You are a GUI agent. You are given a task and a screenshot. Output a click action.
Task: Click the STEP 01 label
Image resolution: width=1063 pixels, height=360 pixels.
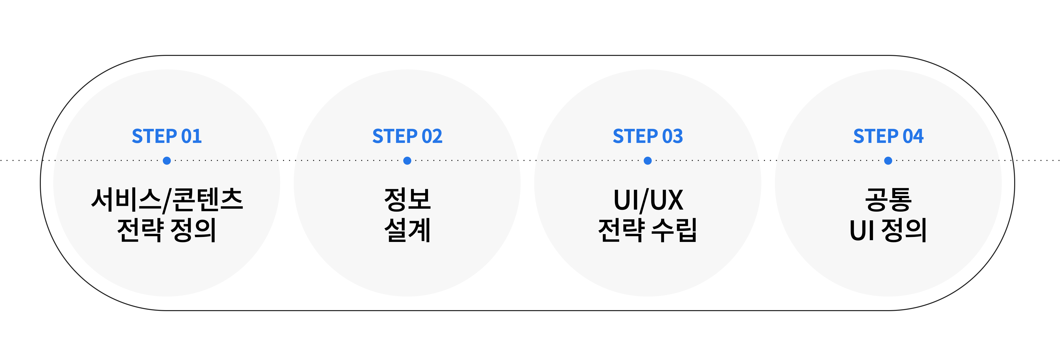tap(167, 136)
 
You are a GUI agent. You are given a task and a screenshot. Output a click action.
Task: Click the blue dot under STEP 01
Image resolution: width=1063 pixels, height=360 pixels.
tap(167, 161)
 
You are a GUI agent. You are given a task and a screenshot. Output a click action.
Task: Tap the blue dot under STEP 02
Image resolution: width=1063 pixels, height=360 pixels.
tap(407, 161)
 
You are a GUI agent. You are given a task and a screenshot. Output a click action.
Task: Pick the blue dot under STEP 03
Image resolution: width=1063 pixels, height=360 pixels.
tap(648, 161)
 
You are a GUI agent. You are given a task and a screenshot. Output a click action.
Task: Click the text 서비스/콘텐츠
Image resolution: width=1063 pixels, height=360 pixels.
tap(167, 200)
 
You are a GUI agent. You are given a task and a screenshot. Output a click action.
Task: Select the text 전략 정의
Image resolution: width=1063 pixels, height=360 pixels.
tap(167, 230)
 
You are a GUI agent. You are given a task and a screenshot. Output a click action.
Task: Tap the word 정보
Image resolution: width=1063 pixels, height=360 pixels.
tap(407, 200)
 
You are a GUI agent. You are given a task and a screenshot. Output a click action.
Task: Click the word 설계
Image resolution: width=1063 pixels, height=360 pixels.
tap(407, 230)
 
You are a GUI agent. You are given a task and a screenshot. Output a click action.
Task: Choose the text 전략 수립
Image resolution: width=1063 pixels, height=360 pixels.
tap(648, 230)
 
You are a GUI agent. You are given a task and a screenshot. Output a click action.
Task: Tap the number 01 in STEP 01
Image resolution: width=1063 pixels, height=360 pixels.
tap(191, 136)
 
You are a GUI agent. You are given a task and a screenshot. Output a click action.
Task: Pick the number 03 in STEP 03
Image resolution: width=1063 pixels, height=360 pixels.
tap(673, 136)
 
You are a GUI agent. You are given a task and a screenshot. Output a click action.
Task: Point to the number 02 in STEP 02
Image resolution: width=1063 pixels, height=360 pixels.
tap(432, 136)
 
